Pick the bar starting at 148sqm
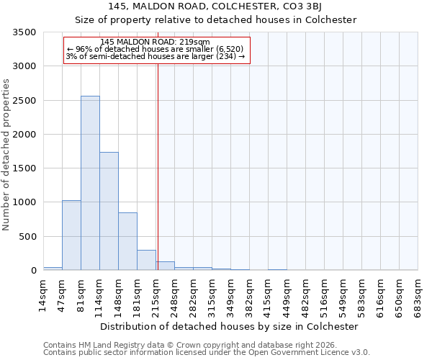click(x=127, y=241)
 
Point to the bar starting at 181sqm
click(x=146, y=260)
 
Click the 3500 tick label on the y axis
click(x=25, y=32)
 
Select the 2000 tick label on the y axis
click(x=25, y=135)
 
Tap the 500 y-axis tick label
click(x=28, y=237)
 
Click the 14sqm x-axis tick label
click(x=43, y=294)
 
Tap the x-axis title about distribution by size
click(x=229, y=326)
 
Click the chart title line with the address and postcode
click(x=216, y=8)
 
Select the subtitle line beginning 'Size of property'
click(x=216, y=20)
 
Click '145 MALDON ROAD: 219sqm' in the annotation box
click(x=156, y=42)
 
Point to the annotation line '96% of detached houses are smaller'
click(x=156, y=49)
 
